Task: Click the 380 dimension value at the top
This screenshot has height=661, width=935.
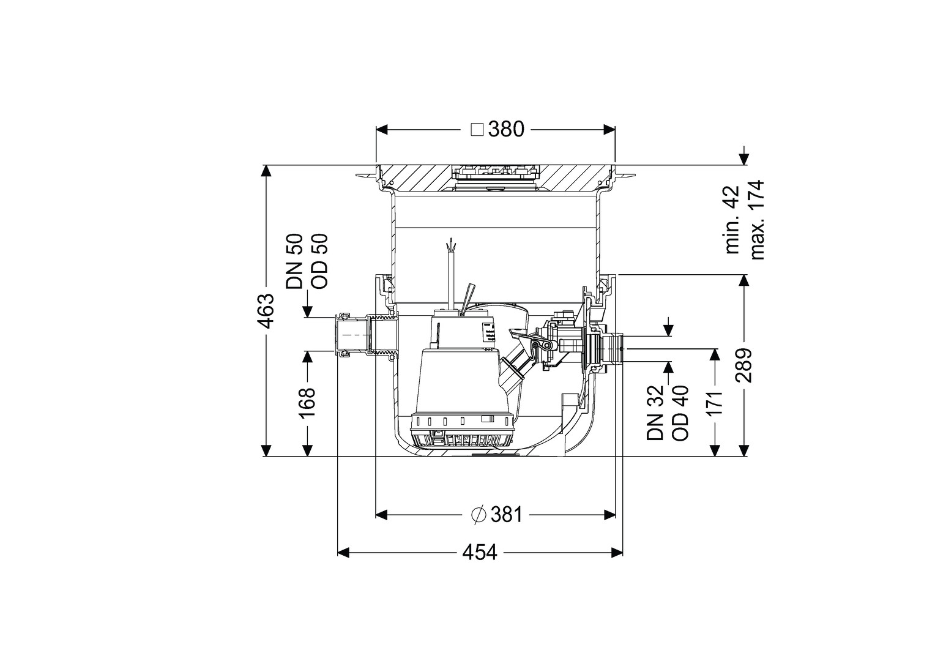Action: tap(506, 129)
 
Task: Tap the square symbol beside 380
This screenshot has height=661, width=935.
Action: tap(477, 130)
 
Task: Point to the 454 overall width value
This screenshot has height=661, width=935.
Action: tap(480, 553)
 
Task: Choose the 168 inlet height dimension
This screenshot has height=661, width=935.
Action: tap(307, 403)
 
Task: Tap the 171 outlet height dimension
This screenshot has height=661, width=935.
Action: tap(715, 403)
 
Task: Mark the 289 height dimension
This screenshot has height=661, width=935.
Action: tap(743, 365)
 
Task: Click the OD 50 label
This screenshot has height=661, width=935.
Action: tap(320, 261)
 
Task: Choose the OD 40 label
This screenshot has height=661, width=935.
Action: tap(680, 413)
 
